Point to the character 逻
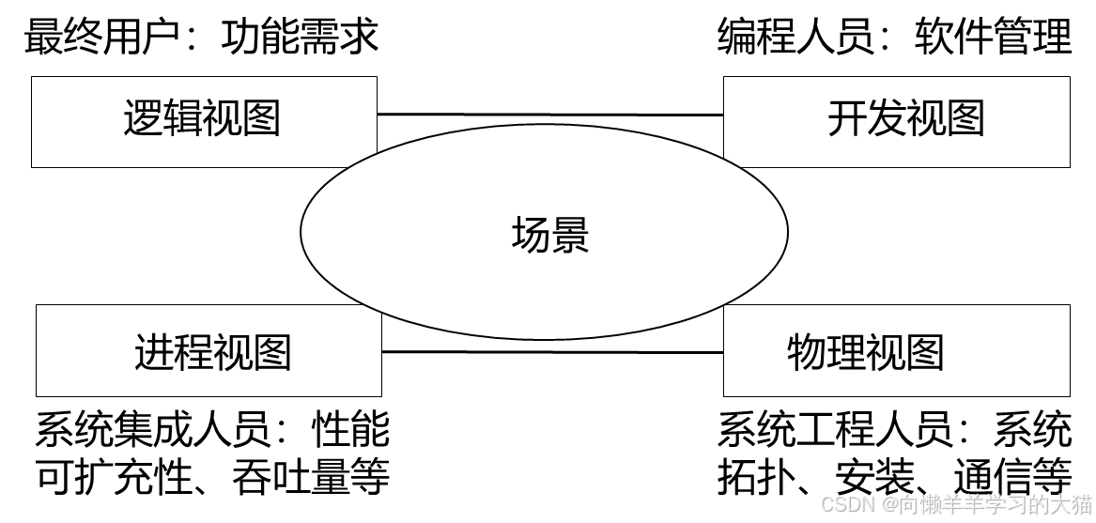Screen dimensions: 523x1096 pyautogui.click(x=143, y=119)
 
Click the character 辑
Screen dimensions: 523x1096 pyautogui.click(x=182, y=119)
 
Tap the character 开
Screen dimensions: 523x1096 pyautogui.click(x=847, y=119)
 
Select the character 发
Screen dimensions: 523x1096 pyautogui.click(x=887, y=119)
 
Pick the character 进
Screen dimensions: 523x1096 pyautogui.click(x=154, y=352)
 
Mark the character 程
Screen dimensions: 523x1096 pyautogui.click(x=193, y=352)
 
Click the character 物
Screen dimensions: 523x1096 pyautogui.click(x=806, y=352)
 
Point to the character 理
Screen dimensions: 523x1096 pyautogui.click(x=845, y=352)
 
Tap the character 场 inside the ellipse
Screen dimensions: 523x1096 pyautogui.click(x=531, y=234)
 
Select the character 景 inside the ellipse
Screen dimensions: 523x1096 pyautogui.click(x=570, y=234)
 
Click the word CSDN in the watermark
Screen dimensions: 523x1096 pyautogui.click(x=846, y=503)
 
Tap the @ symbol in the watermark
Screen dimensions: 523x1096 pyautogui.click(x=888, y=503)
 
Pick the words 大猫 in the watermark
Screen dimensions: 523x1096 pyautogui.click(x=1071, y=503)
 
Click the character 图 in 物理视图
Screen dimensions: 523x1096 pyautogui.click(x=925, y=352)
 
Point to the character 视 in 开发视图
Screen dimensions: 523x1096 pyautogui.click(x=926, y=119)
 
